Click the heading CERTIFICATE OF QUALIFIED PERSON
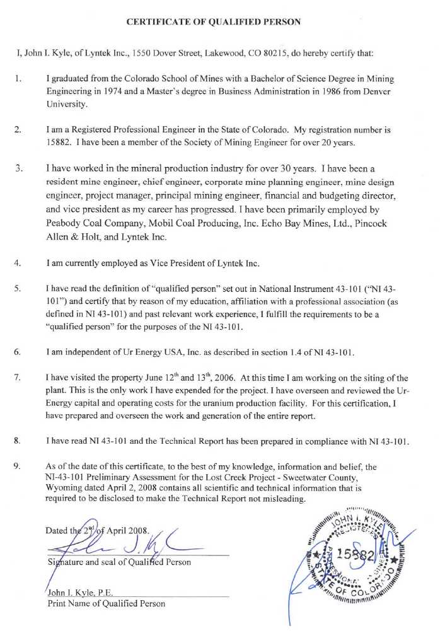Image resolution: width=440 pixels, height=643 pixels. tap(214, 22)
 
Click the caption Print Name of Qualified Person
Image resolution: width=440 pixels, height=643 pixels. tap(107, 603)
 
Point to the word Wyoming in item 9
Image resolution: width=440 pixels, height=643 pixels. tap(66, 488)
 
